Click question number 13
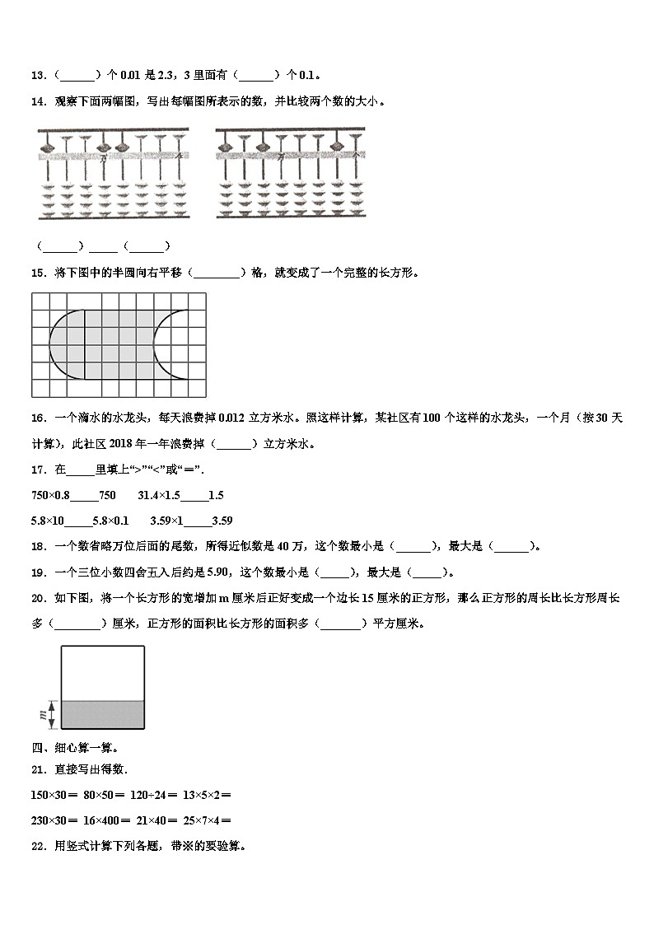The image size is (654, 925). point(38,76)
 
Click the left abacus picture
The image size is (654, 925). point(114,174)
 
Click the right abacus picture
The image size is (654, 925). point(289,174)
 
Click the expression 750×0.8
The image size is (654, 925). point(50,496)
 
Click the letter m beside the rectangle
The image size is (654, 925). point(40,714)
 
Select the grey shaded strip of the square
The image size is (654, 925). point(103,714)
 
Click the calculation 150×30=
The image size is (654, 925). point(54,795)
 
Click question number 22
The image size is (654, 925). point(38,845)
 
